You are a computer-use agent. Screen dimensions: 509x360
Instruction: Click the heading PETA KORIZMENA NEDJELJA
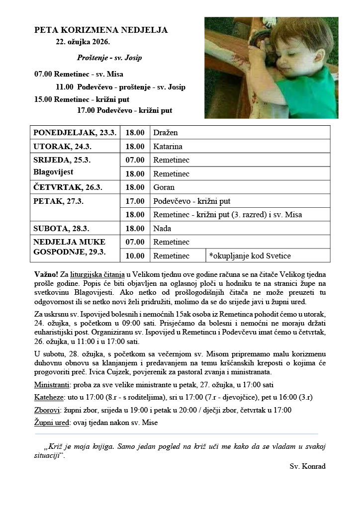click(x=101, y=30)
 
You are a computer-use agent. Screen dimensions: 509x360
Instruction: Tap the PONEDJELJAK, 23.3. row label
click(x=75, y=133)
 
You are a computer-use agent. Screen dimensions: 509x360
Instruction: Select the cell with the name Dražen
click(x=166, y=133)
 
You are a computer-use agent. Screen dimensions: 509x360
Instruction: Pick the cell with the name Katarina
click(x=168, y=147)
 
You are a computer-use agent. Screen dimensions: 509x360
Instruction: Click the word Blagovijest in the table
click(x=53, y=172)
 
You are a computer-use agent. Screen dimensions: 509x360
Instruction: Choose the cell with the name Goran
click(x=164, y=187)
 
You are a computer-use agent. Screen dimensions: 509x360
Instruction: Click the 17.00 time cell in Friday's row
click(x=135, y=201)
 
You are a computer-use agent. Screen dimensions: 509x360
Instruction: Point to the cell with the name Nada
click(x=162, y=229)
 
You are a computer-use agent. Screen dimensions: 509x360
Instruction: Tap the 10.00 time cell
click(x=135, y=255)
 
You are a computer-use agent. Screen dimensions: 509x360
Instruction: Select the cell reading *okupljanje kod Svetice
click(x=250, y=255)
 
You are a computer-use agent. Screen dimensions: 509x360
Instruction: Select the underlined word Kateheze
click(x=49, y=398)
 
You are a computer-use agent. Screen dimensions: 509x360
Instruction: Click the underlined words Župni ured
click(x=52, y=423)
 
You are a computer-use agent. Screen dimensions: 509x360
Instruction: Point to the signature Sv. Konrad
click(x=307, y=466)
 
